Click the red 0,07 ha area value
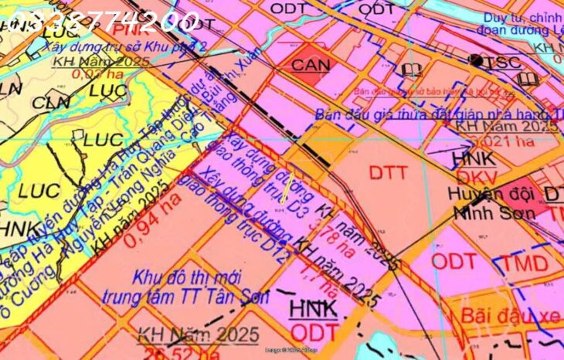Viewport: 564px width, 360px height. tap(99, 74)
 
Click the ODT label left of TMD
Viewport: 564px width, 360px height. tap(454, 260)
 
